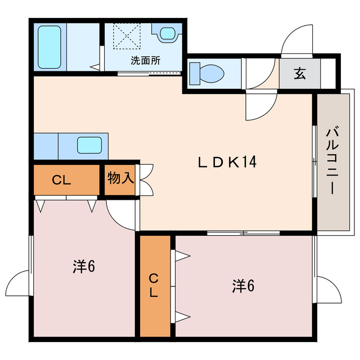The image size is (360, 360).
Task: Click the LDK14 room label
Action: point(227,161)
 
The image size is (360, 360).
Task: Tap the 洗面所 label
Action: point(146,61)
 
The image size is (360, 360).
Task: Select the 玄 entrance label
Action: point(300,74)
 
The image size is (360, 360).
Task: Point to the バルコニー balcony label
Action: point(333,160)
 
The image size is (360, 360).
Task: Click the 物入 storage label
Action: point(121,178)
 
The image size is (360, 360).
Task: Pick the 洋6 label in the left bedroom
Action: point(84,266)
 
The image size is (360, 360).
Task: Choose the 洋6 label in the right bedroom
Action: point(243,286)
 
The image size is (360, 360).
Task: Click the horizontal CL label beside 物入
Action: point(61,180)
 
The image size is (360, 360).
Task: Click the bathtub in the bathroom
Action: point(49,47)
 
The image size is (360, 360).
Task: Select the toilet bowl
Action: point(206,74)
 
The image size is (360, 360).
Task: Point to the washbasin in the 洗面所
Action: point(168,34)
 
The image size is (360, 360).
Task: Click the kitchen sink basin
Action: point(89,145)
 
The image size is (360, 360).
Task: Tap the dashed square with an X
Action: point(127,36)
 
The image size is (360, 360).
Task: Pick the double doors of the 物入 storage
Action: point(146,180)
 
